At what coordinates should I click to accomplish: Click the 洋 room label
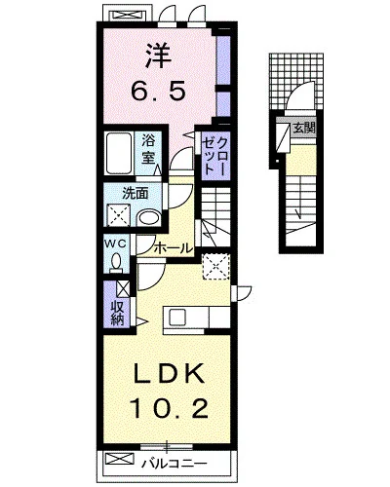click(x=158, y=56)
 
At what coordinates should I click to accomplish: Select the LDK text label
click(x=169, y=375)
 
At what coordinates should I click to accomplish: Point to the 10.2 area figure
click(x=169, y=408)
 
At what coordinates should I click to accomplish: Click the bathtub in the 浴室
click(x=119, y=153)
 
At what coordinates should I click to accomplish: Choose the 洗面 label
click(x=136, y=194)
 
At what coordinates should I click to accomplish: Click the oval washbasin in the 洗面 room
click(x=149, y=218)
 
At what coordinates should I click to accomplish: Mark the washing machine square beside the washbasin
click(x=118, y=215)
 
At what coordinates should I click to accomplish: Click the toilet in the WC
click(x=116, y=263)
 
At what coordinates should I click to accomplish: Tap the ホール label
click(x=174, y=248)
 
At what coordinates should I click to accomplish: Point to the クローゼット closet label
click(x=214, y=156)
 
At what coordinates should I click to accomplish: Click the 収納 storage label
click(x=118, y=314)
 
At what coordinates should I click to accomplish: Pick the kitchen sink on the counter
click(x=177, y=318)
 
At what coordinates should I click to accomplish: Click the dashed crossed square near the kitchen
click(x=216, y=267)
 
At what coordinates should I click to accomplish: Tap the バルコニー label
click(x=174, y=463)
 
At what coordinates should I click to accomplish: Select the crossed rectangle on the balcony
click(x=120, y=459)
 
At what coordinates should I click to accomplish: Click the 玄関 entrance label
click(x=304, y=129)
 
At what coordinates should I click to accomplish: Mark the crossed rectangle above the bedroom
click(x=127, y=15)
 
